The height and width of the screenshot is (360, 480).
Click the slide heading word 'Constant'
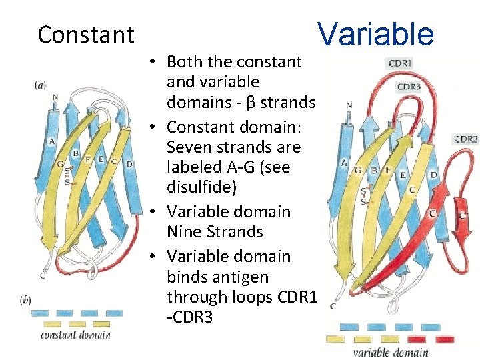click(x=85, y=34)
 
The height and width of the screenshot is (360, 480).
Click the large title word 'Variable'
click(x=375, y=33)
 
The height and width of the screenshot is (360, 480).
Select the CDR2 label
click(x=465, y=139)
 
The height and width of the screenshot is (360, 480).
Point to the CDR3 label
click(x=408, y=87)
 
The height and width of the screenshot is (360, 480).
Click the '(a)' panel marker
click(x=41, y=85)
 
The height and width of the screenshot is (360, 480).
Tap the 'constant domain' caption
click(x=75, y=335)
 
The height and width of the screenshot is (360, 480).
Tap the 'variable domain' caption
click(x=390, y=352)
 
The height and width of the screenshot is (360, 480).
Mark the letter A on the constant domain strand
click(x=52, y=141)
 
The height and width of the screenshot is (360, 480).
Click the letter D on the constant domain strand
click(x=129, y=163)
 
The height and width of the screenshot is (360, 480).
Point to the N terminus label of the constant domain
click(x=55, y=97)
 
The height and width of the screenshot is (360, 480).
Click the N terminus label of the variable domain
click(x=349, y=105)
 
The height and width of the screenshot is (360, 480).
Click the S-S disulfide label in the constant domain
click(x=67, y=175)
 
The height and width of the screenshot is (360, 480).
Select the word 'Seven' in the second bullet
click(x=189, y=147)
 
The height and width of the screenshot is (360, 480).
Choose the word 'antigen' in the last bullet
click(x=245, y=276)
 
